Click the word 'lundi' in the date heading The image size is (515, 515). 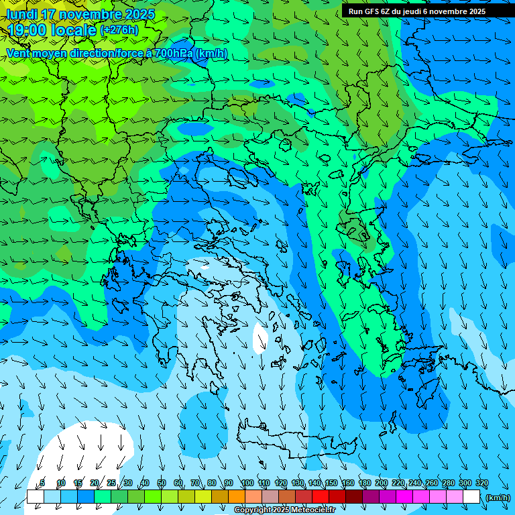(x=21, y=14)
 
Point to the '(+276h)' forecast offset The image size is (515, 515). (x=119, y=30)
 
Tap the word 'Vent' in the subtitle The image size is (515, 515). (x=18, y=54)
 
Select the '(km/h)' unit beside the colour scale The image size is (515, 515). (x=498, y=498)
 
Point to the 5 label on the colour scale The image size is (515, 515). (x=42, y=483)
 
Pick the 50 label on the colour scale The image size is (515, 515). (x=162, y=483)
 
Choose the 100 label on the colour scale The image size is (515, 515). (x=247, y=483)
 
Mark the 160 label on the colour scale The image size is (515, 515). (x=347, y=483)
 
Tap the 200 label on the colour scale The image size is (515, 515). (x=381, y=483)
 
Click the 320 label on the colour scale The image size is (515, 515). (x=481, y=483)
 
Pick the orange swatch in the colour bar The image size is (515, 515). (x=237, y=497)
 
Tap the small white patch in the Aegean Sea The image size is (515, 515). (x=260, y=338)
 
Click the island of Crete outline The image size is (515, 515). (x=282, y=443)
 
